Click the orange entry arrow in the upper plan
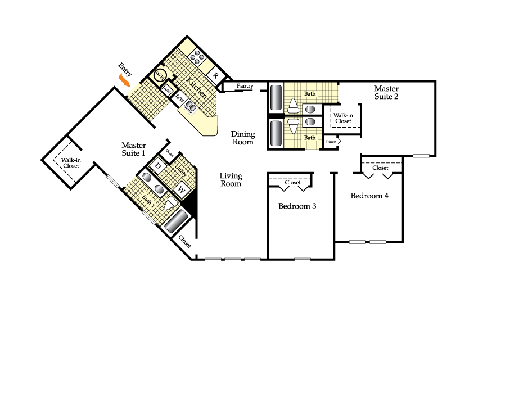[x=124, y=81]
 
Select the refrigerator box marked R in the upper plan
[x=215, y=76]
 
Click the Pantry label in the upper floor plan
[x=245, y=86]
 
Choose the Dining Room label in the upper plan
[x=243, y=138]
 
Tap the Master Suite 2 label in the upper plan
[x=386, y=92]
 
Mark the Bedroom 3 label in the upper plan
[x=297, y=206]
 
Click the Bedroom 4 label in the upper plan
[x=369, y=196]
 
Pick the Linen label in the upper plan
[x=331, y=142]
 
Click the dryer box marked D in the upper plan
[x=158, y=166]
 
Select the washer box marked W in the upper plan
[x=182, y=189]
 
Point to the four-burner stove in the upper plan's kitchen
[x=198, y=56]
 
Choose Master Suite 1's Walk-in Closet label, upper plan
[x=71, y=163]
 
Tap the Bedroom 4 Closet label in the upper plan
[x=380, y=168]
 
